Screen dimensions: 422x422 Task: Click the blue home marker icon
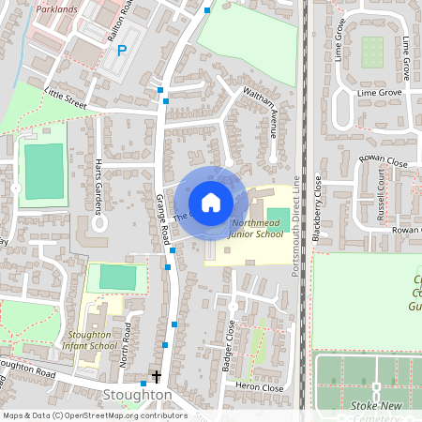[210, 203]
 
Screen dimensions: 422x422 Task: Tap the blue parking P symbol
[121, 50]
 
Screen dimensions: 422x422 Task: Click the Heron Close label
[260, 386]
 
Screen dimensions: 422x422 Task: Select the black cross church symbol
[156, 376]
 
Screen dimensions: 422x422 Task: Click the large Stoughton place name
[137, 396]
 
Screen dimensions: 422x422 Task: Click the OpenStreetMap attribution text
[94, 414]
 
